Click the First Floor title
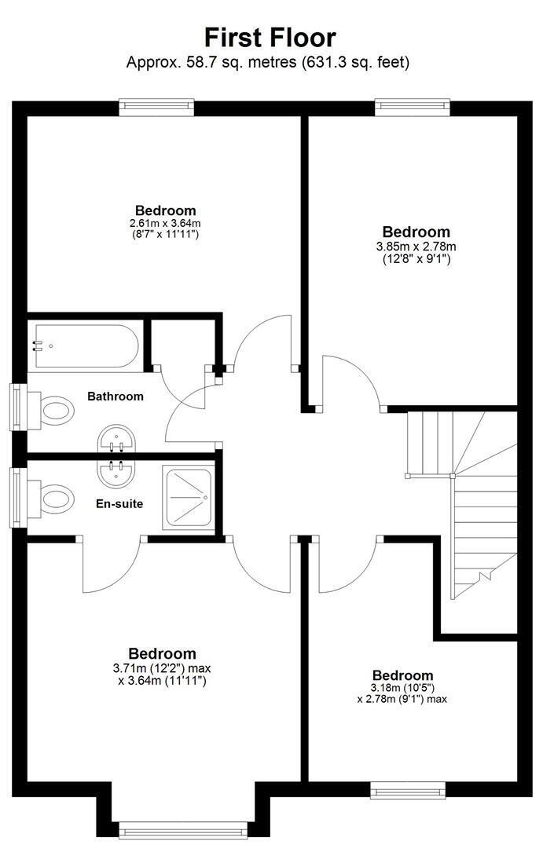[x=270, y=38]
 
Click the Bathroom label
[x=116, y=397]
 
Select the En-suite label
[x=119, y=504]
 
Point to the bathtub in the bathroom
[x=86, y=345]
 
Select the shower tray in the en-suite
[x=189, y=498]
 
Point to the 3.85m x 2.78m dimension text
[x=416, y=247]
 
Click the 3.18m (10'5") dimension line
[x=402, y=688]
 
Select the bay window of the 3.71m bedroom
[x=183, y=831]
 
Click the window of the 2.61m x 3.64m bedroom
[x=156, y=108]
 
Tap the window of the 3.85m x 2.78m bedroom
[x=413, y=108]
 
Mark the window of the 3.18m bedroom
[x=408, y=790]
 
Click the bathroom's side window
[x=18, y=408]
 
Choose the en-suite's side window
[x=18, y=498]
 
